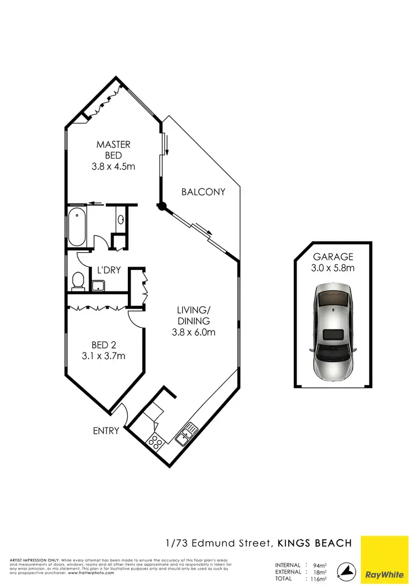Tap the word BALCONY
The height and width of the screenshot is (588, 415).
pyautogui.click(x=204, y=192)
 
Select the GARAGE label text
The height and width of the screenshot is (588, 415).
pyautogui.click(x=333, y=257)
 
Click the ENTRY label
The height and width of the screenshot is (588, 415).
pyautogui.click(x=106, y=430)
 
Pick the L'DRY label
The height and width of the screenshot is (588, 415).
pyautogui.click(x=109, y=270)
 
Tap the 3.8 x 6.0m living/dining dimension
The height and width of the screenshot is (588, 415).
pyautogui.click(x=193, y=333)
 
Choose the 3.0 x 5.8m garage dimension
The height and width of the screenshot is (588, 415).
pyautogui.click(x=333, y=268)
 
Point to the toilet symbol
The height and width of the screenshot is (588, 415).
pyautogui.click(x=77, y=280)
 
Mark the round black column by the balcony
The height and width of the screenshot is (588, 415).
pyautogui.click(x=162, y=207)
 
